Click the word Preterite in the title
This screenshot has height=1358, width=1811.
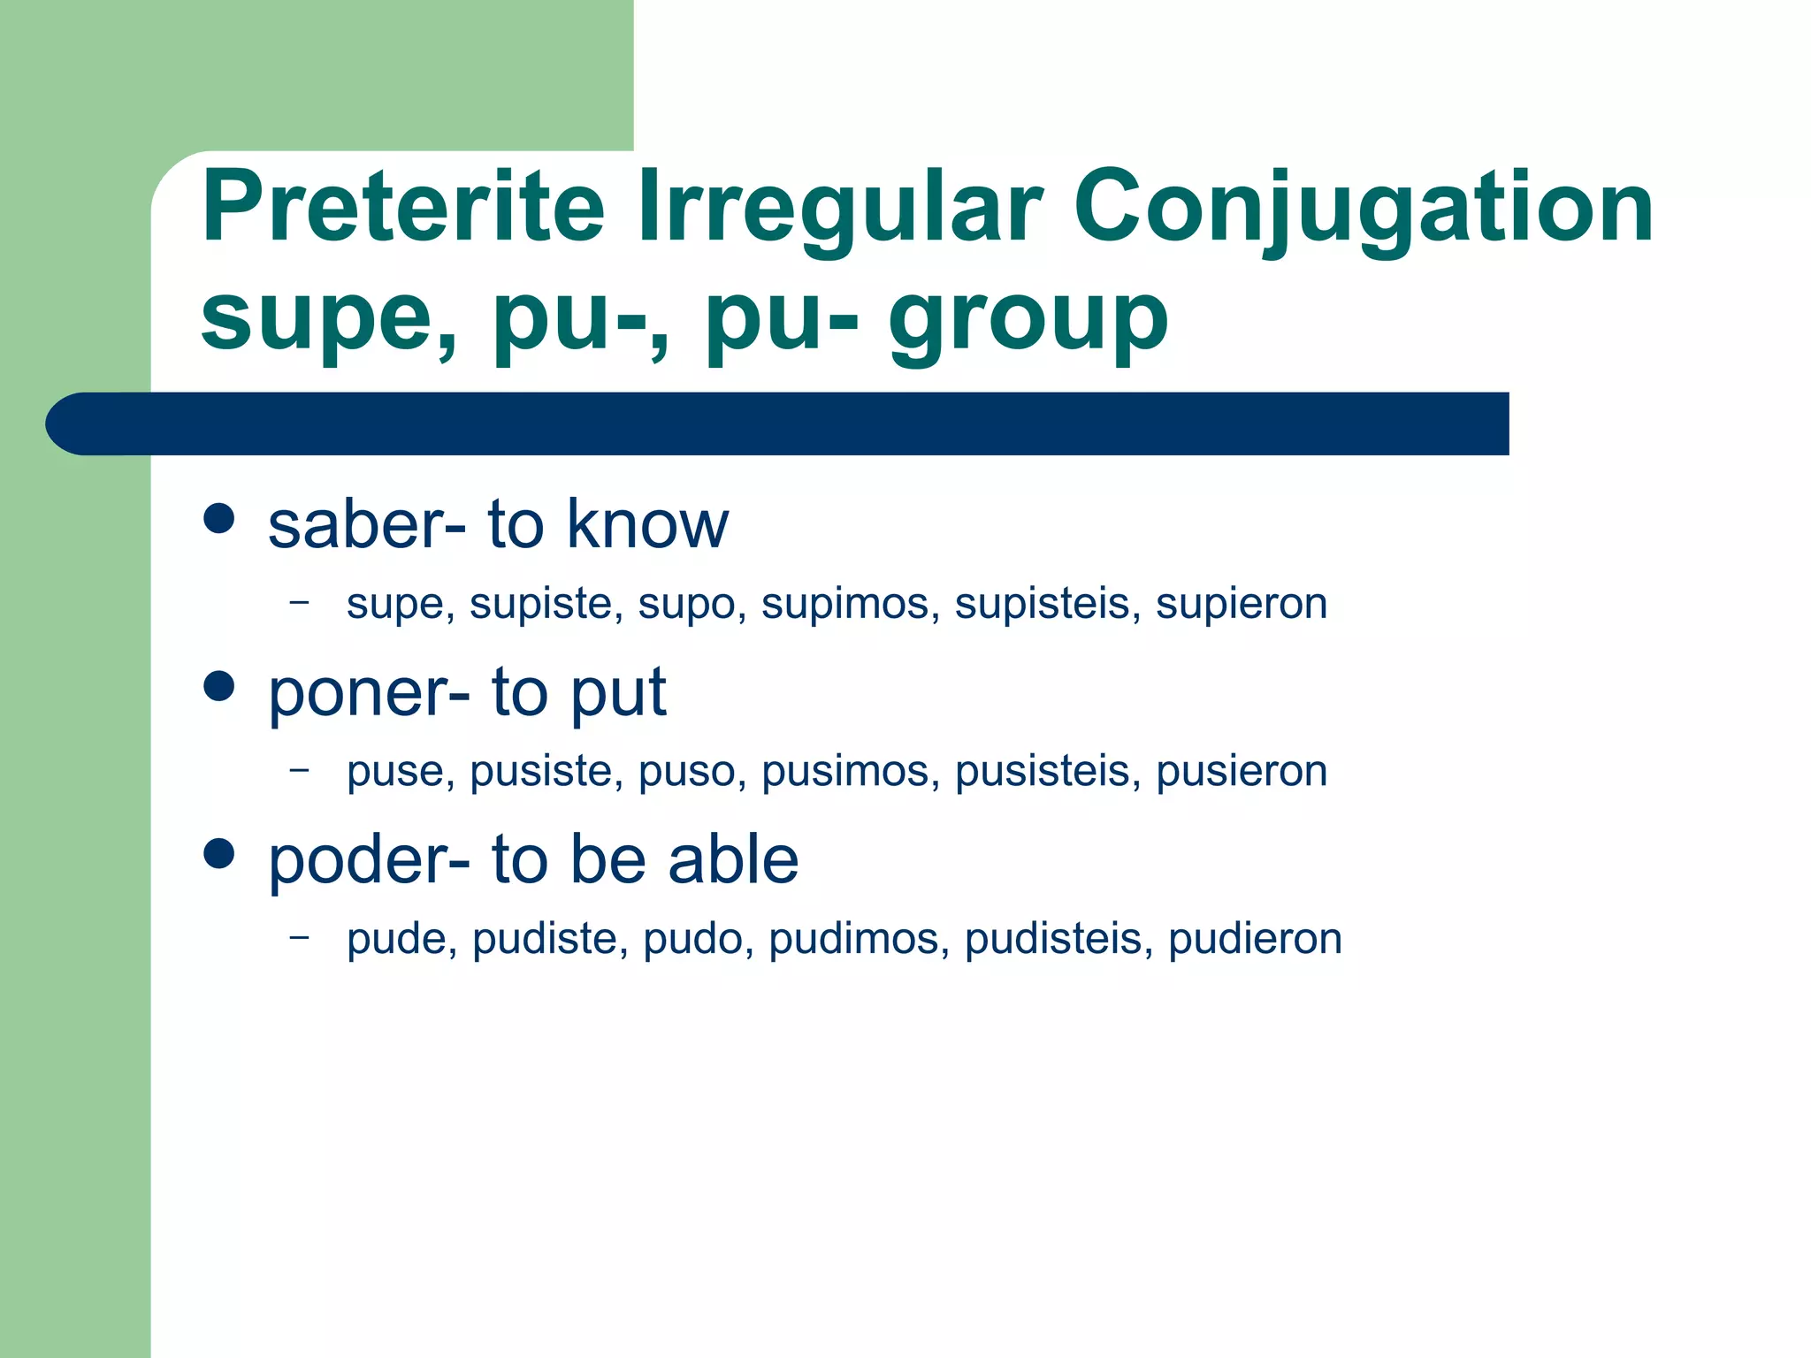click(x=402, y=208)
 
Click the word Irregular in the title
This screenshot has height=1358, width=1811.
click(x=840, y=208)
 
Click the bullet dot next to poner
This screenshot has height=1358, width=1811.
click(x=218, y=685)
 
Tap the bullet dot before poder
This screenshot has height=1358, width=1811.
click(x=218, y=853)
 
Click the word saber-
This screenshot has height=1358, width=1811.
click(x=366, y=525)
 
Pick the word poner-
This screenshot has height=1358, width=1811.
click(x=369, y=693)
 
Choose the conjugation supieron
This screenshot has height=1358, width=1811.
click(x=1241, y=605)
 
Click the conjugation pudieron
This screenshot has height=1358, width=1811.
click(x=1254, y=939)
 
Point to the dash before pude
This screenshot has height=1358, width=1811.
click(x=300, y=935)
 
